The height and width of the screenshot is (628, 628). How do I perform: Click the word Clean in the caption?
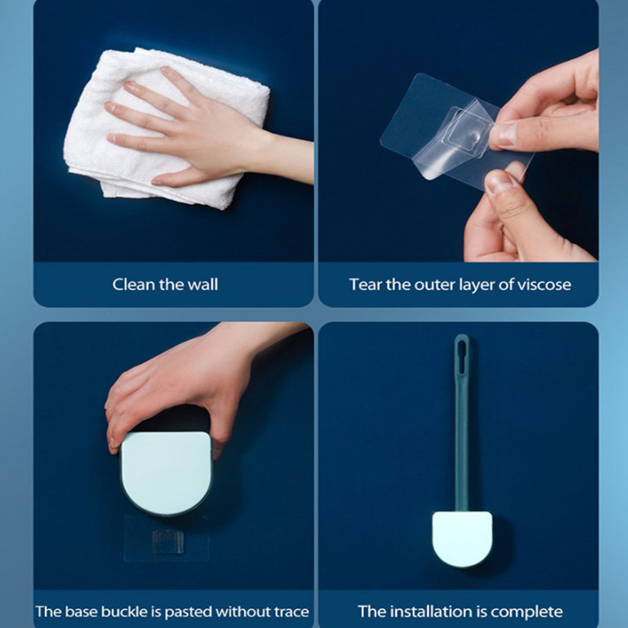click(x=133, y=285)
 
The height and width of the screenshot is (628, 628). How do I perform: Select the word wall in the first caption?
click(x=203, y=285)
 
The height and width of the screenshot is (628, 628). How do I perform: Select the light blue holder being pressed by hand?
click(x=166, y=473)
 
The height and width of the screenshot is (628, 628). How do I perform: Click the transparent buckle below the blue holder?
click(x=168, y=541)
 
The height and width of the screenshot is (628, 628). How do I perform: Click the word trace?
click(x=291, y=612)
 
